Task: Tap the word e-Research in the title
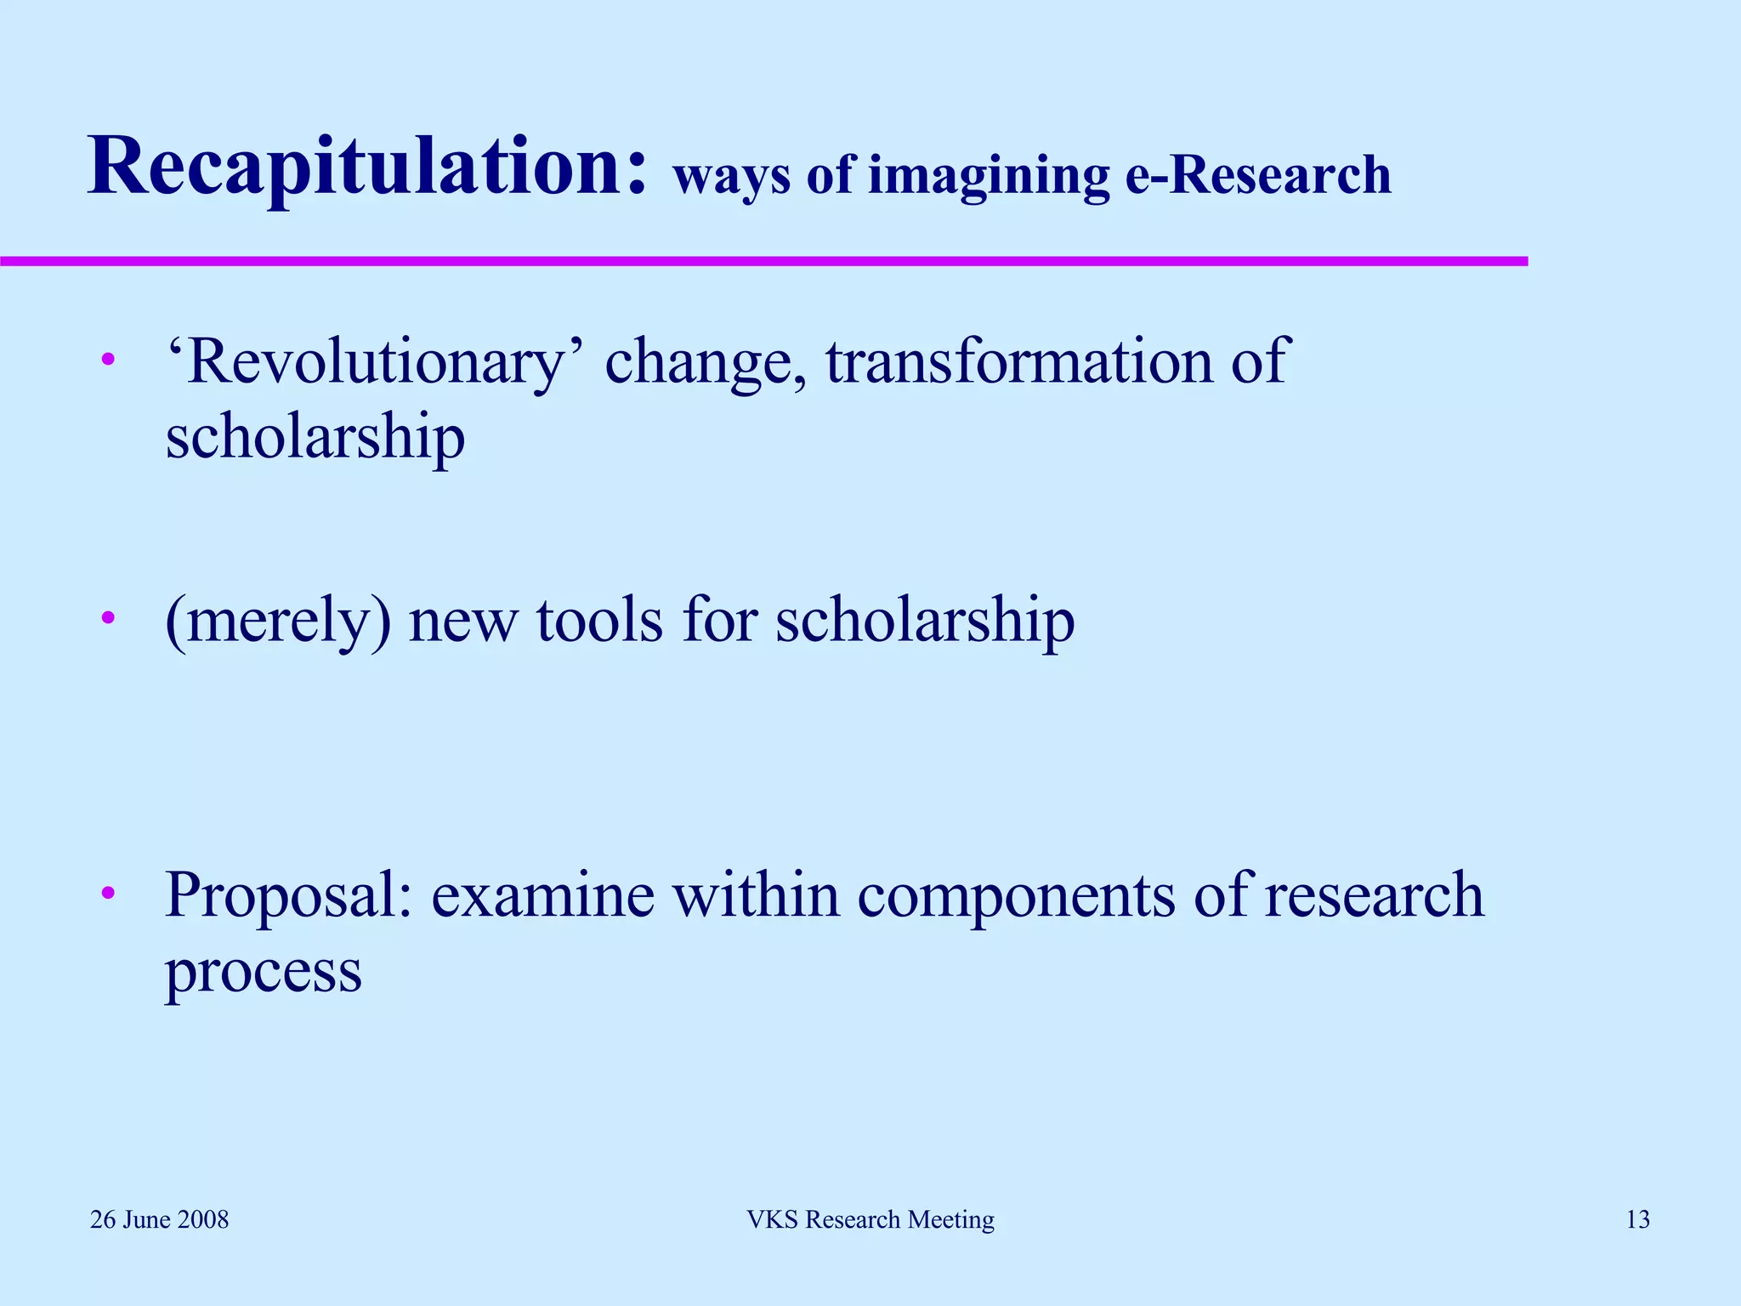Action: [1258, 175]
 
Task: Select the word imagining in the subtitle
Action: [989, 177]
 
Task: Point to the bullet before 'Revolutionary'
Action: [108, 361]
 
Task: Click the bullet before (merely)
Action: [108, 618]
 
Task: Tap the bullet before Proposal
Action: [108, 894]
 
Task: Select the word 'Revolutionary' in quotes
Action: [374, 362]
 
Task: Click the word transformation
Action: [1020, 361]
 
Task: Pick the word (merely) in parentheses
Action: [278, 621]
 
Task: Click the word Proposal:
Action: [289, 895]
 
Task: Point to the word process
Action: [264, 972]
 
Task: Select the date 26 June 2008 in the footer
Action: [160, 1219]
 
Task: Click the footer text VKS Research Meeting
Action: [870, 1219]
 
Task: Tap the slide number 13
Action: [1637, 1219]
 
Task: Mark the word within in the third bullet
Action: [757, 894]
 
